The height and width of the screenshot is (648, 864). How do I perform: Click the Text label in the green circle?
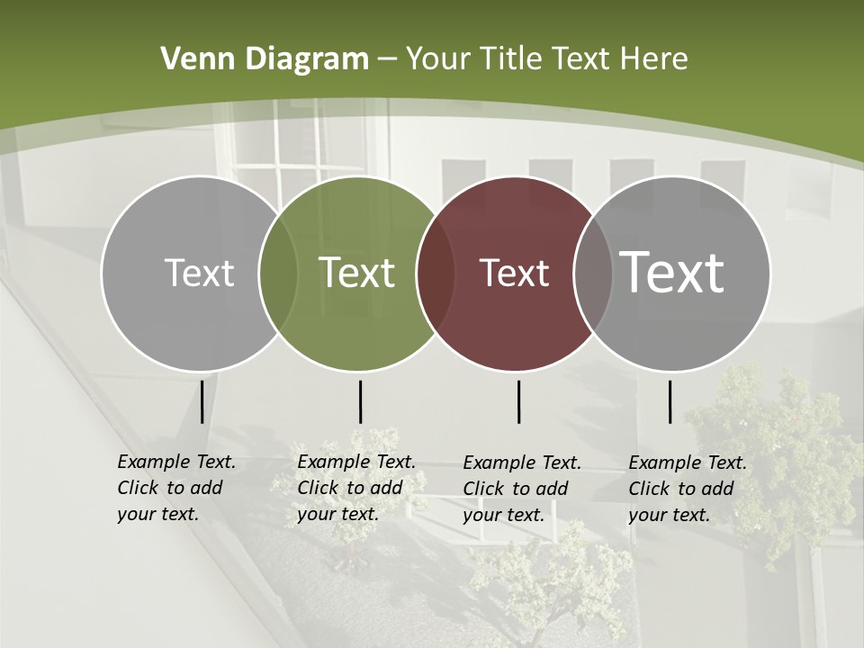coord(357,273)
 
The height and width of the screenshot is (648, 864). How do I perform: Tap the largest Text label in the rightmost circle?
coord(672,272)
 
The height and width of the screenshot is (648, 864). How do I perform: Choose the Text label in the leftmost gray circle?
coord(199,273)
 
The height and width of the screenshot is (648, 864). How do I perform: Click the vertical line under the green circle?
coord(360,401)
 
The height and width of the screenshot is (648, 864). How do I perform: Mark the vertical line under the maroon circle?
coord(519,401)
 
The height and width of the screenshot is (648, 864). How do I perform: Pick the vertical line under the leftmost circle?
coord(202,401)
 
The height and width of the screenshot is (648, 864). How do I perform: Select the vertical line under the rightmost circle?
coord(670,401)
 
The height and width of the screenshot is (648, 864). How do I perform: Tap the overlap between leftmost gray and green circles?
coord(278,274)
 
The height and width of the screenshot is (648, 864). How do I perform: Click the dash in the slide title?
coord(387,60)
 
